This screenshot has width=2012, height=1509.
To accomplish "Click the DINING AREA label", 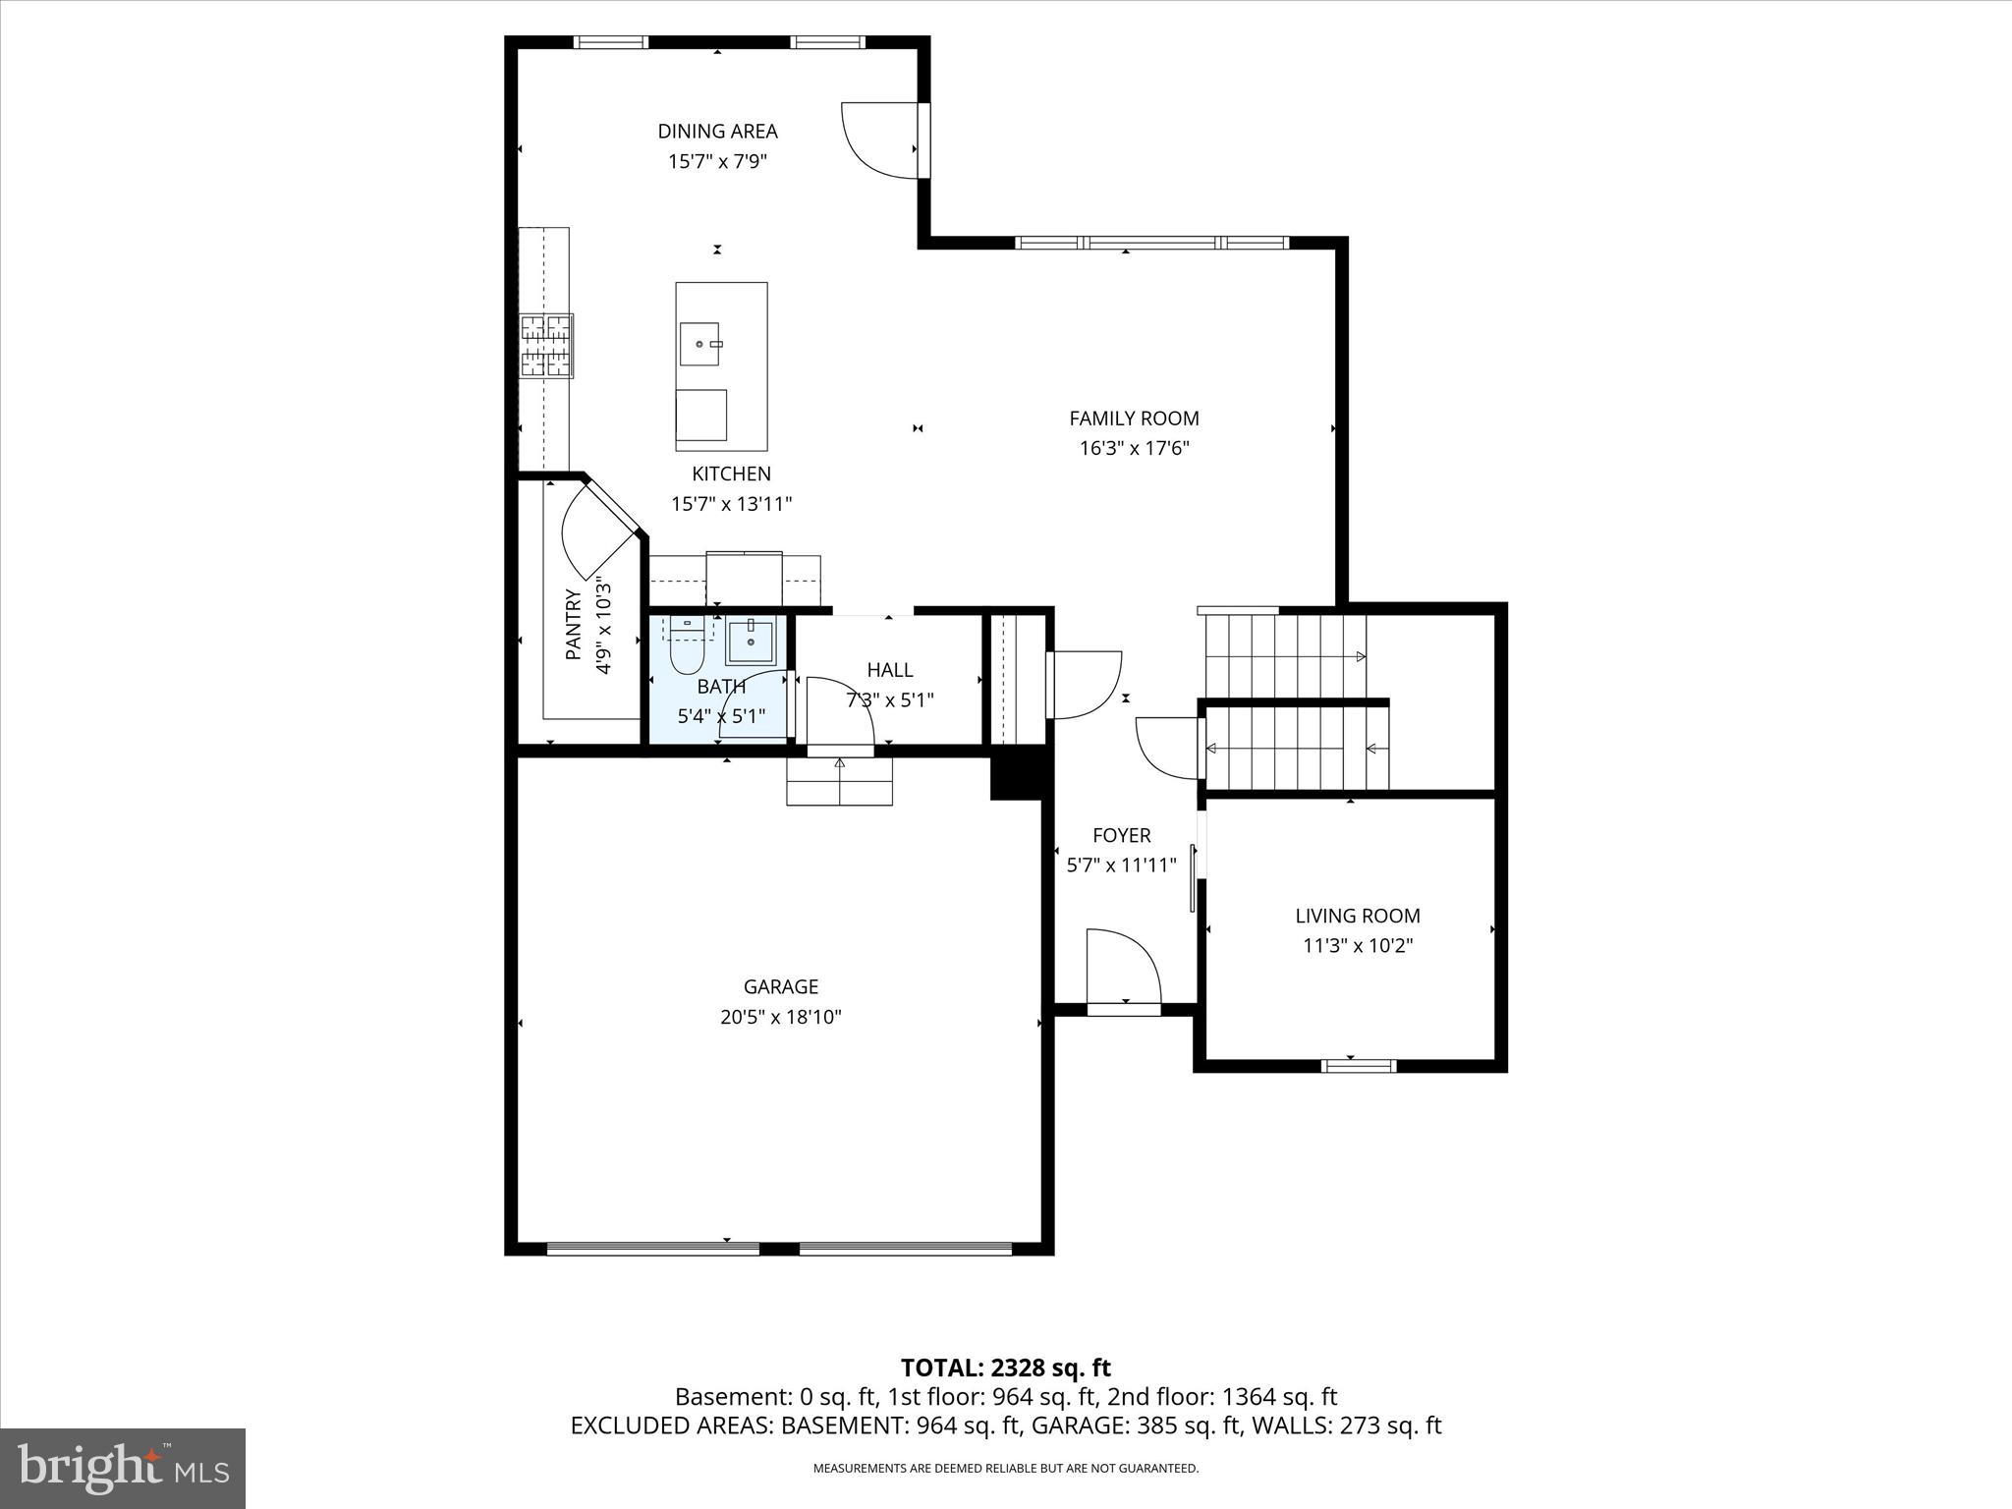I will pyautogui.click(x=717, y=131).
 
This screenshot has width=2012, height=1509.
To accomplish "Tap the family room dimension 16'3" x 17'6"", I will pyautogui.click(x=1134, y=449).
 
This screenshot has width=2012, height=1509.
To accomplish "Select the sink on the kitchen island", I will pyautogui.click(x=699, y=344).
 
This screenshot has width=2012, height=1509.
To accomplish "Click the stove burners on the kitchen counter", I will pyautogui.click(x=546, y=345).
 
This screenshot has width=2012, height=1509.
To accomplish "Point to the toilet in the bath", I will pyautogui.click(x=688, y=651).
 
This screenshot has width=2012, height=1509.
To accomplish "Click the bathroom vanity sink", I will pyautogui.click(x=752, y=642).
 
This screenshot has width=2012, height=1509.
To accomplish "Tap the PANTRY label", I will pyautogui.click(x=574, y=624).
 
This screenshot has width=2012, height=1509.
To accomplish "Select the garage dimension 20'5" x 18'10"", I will pyautogui.click(x=780, y=1017).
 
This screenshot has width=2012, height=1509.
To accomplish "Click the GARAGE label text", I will pyautogui.click(x=780, y=986).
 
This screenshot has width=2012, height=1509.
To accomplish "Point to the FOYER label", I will pyautogui.click(x=1121, y=835).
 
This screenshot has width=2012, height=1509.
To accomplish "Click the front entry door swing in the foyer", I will pyautogui.click(x=1123, y=967).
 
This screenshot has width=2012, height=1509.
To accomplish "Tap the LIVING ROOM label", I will pyautogui.click(x=1357, y=916).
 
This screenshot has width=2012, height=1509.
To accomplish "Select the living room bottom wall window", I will pyautogui.click(x=1358, y=1065).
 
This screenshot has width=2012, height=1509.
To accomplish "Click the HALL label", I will pyautogui.click(x=889, y=670).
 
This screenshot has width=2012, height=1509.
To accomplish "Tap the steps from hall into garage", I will pyautogui.click(x=839, y=781).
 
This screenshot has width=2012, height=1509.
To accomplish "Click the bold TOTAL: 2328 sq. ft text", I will pyautogui.click(x=1005, y=1368).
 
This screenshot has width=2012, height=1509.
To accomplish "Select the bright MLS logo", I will pyautogui.click(x=123, y=1468).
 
